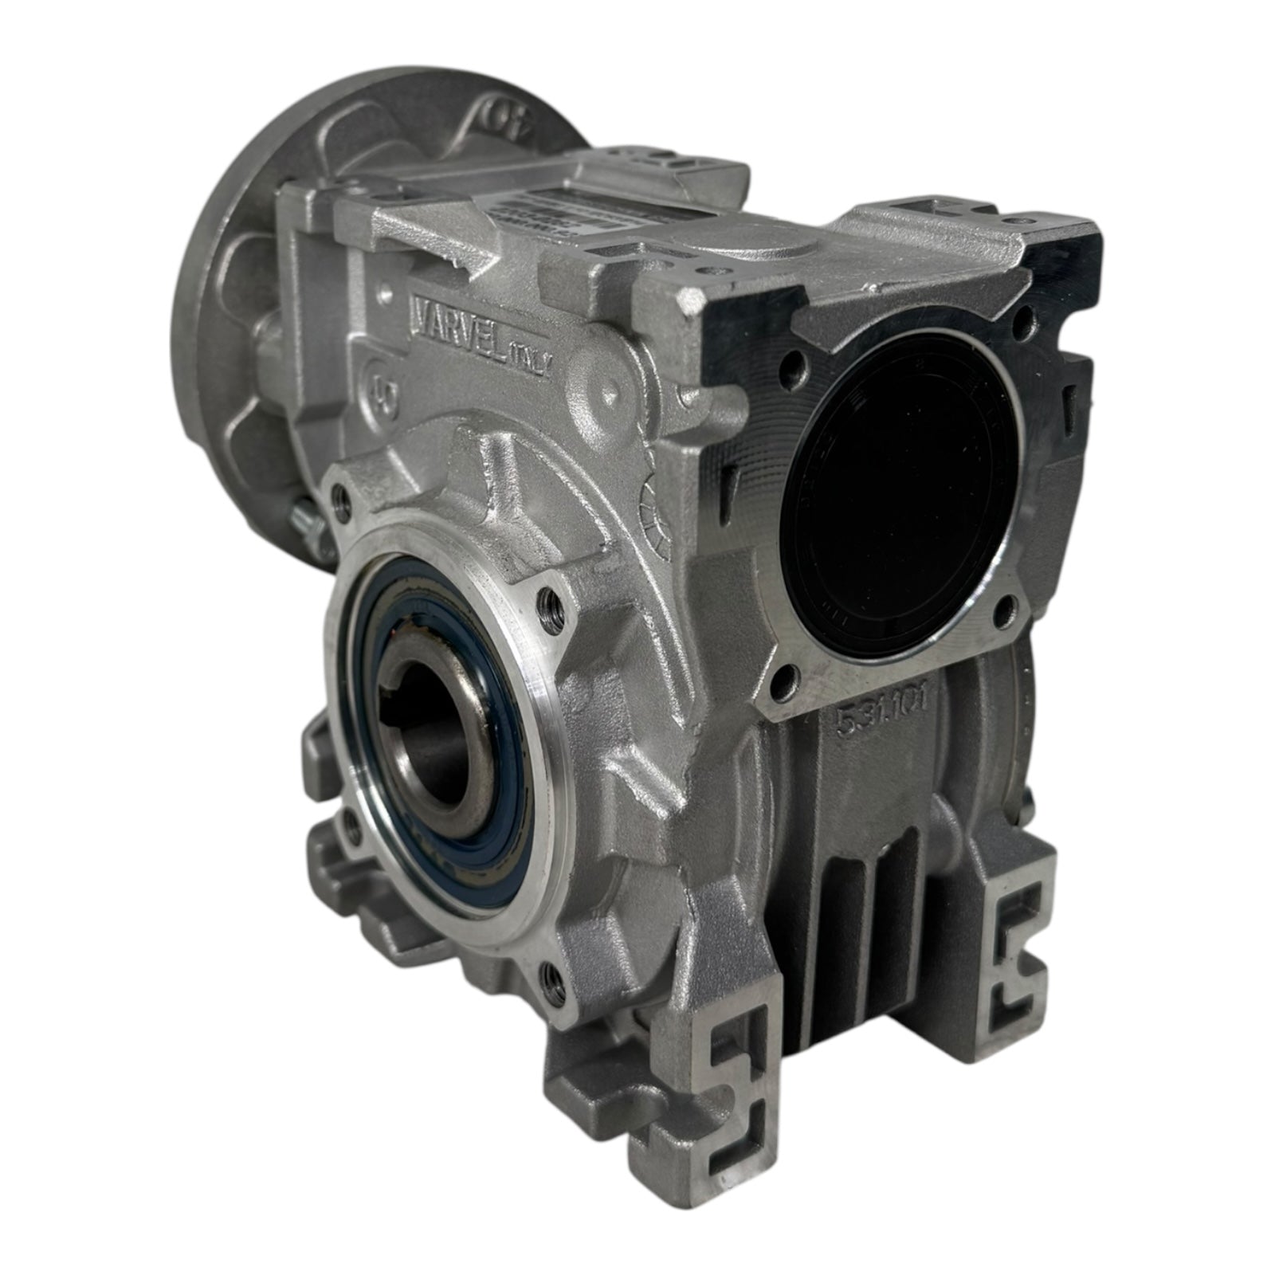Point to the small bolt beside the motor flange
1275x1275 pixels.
307,519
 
